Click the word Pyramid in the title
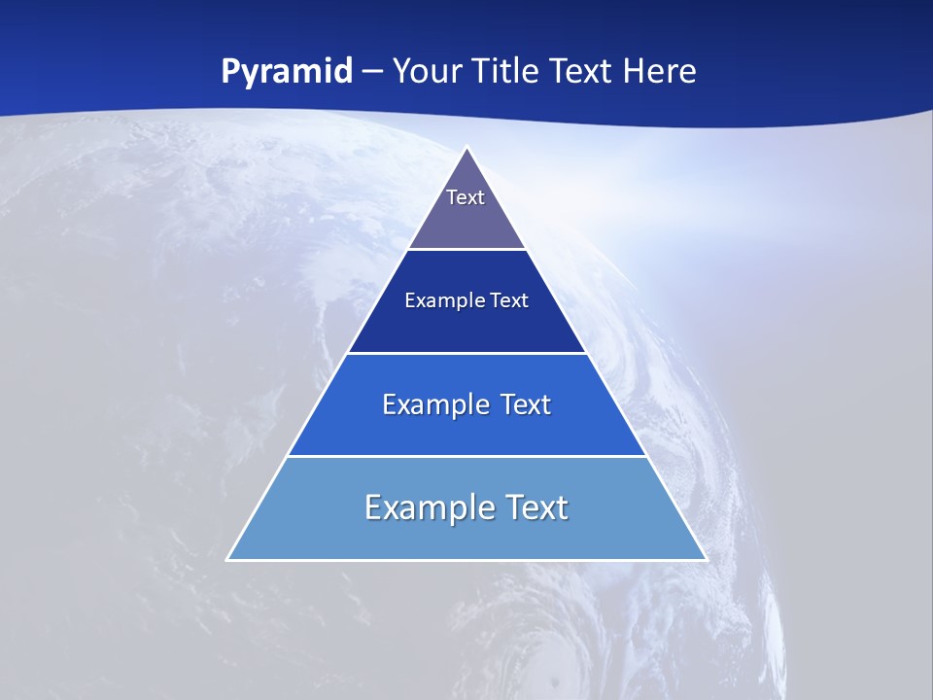(286, 72)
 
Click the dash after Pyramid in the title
(372, 73)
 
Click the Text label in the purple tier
(466, 197)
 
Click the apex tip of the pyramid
(467, 149)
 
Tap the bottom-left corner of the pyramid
(228, 559)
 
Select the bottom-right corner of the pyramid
(705, 559)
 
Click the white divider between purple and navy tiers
(466, 249)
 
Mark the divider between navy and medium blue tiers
(466, 353)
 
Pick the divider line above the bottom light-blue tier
(466, 456)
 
